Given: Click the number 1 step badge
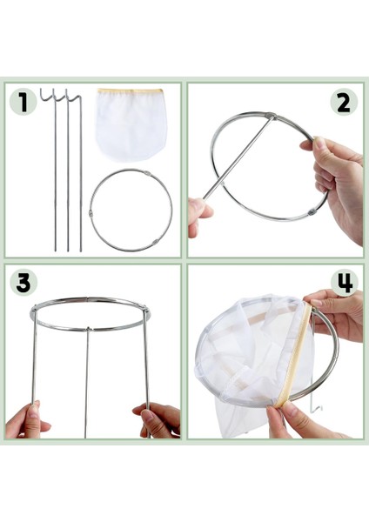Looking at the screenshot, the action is point(23,102).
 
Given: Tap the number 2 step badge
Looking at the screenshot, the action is point(344,102).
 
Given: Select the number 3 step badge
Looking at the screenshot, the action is point(23,283).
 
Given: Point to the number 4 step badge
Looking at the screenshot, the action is point(344,283).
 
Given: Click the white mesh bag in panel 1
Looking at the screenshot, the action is point(131,124).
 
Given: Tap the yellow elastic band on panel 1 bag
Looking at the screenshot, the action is point(131,90).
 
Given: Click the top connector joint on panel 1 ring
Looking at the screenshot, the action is point(147,173).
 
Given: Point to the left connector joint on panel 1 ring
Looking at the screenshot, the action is point(91,212).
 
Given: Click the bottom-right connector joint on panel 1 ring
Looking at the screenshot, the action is point(155,243).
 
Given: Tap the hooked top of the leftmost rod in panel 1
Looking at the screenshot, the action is point(48,95).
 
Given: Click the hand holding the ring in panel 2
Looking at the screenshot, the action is point(336,180).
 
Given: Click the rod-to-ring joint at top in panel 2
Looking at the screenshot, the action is point(270,117).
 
